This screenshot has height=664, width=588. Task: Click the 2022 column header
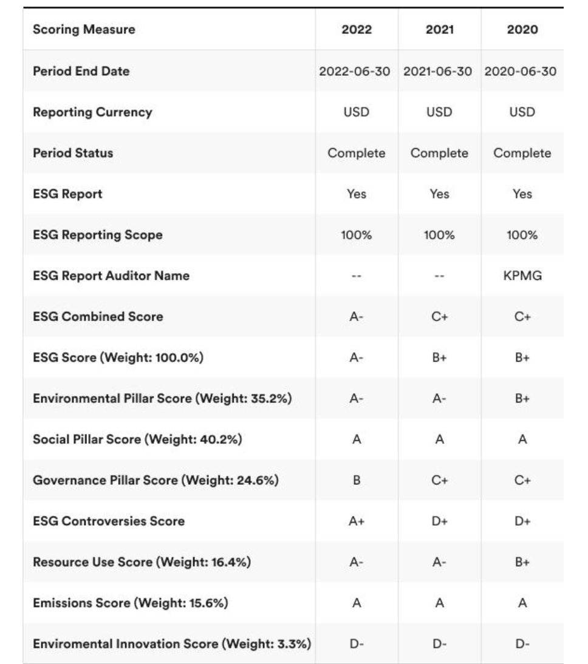(357, 29)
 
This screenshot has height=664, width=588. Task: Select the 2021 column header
(439, 29)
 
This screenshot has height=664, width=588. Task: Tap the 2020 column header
(522, 29)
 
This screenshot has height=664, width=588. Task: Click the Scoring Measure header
(84, 29)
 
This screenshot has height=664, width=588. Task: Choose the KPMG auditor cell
(522, 276)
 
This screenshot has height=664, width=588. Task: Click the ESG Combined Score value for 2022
(357, 316)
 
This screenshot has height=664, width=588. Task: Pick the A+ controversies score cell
(357, 521)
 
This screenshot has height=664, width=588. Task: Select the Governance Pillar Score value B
(357, 480)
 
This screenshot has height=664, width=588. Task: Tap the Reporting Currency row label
(92, 112)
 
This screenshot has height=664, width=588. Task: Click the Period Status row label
(73, 153)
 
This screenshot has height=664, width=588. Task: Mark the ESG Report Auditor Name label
(111, 276)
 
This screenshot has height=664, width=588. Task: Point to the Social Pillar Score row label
(137, 439)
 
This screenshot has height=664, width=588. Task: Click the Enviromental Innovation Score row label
(172, 643)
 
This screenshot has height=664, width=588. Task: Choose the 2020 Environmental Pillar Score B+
(522, 398)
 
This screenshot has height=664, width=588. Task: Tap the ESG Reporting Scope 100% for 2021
(439, 235)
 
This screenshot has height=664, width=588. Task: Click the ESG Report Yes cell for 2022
(357, 194)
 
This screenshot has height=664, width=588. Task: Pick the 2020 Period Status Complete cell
(522, 153)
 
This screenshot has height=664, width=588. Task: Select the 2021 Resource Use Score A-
(439, 562)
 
